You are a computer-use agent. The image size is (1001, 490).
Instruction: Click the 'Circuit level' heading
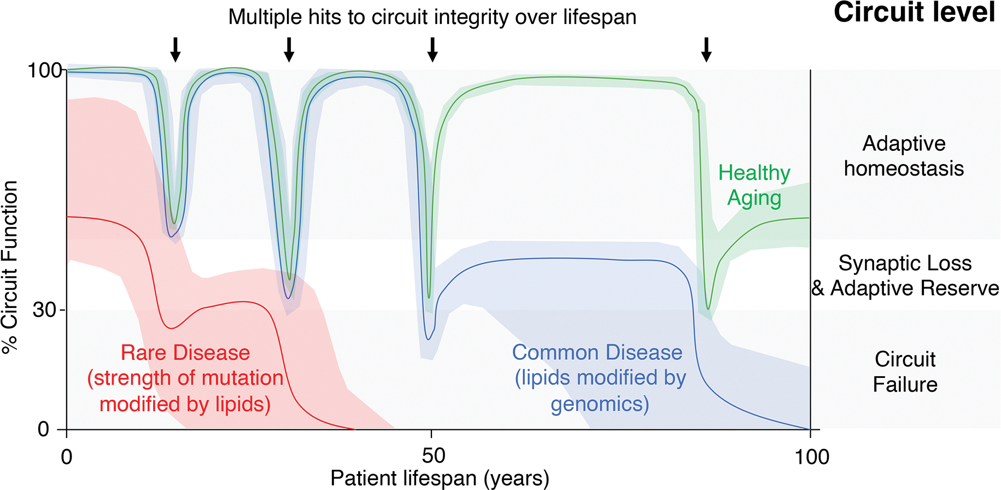914,12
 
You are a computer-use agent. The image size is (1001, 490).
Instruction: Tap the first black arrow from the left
175,49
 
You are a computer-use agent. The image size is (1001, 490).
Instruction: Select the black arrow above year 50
432,49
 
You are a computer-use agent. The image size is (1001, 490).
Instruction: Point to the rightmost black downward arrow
706,49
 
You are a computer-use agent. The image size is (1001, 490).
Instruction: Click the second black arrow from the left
289,49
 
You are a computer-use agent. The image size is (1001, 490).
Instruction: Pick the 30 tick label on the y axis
45,310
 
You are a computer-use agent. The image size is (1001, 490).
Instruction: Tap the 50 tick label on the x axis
433,456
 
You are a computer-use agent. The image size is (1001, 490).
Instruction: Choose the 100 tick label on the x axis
812,456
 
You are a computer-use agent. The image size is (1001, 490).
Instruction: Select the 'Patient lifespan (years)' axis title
440,479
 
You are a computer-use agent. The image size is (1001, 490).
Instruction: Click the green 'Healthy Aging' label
754,185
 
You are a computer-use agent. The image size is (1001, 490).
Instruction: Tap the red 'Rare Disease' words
185,353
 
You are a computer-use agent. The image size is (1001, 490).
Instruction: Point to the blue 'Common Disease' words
597,353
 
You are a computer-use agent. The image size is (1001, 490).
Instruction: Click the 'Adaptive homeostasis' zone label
904,156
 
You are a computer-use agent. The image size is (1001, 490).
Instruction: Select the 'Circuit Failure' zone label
905,372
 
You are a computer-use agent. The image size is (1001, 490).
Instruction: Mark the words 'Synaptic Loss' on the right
905,264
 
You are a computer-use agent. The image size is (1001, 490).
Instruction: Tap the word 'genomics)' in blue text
600,404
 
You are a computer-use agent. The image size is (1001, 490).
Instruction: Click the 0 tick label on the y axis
43,429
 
